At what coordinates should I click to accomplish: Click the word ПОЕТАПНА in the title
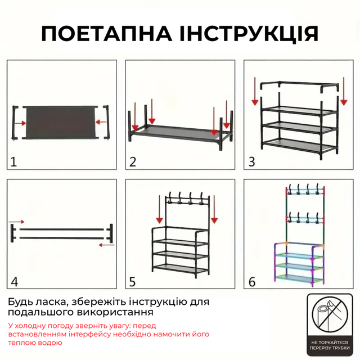tap(106, 34)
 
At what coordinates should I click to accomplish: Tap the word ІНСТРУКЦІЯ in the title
tap(249, 34)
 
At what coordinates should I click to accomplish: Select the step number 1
tap(13, 161)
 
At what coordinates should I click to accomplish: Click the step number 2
tap(133, 161)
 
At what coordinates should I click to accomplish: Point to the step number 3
tap(251, 161)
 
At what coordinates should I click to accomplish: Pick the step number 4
tap(15, 281)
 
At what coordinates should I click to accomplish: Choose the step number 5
tap(133, 281)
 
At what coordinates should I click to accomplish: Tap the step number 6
tap(252, 281)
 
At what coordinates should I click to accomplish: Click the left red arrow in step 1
tap(20, 123)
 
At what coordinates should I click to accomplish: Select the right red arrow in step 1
tap(101, 122)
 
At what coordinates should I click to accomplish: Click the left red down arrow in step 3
tap(255, 91)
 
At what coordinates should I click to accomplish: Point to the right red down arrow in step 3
tap(344, 91)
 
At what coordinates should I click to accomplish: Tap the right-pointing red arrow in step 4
tap(16, 222)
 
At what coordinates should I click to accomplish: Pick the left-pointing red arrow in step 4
tap(106, 245)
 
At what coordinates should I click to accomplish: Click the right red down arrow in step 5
tap(214, 209)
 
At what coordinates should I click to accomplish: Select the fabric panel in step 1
tap(61, 122)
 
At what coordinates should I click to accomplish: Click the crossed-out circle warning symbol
tap(330, 314)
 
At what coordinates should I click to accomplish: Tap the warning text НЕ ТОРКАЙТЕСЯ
tap(330, 343)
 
